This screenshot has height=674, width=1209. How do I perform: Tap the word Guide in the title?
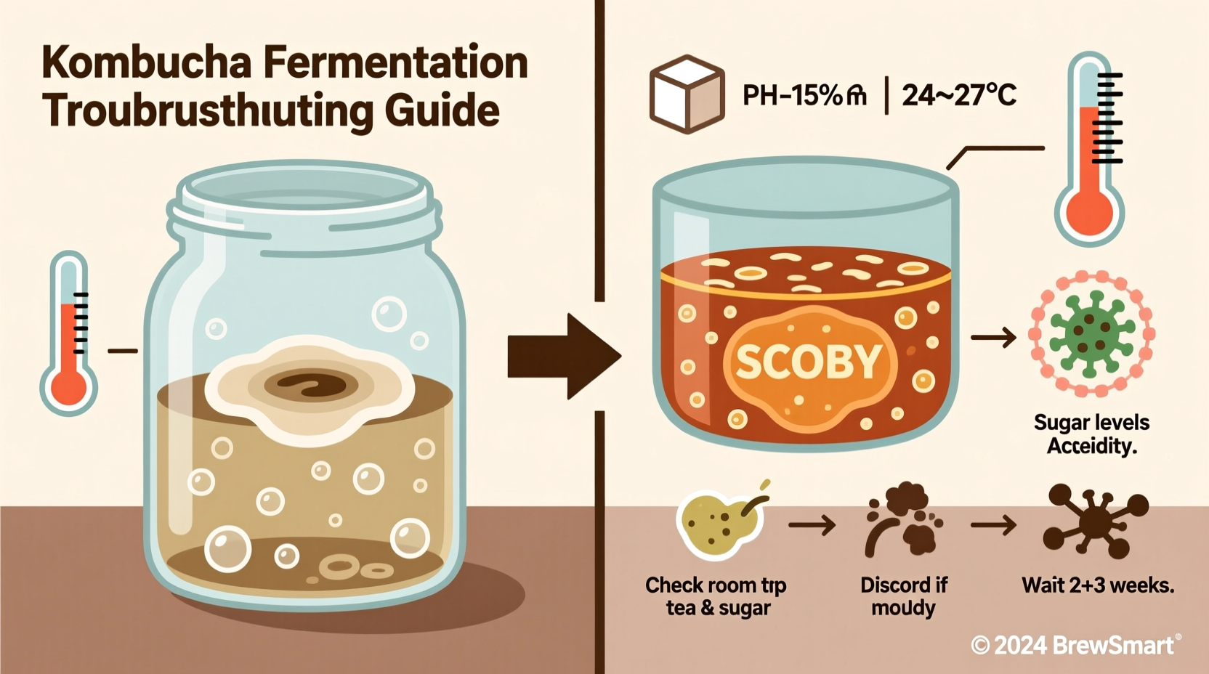tap(442, 111)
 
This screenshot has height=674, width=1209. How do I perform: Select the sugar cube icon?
tap(687, 94)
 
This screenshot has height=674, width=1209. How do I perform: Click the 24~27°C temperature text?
tap(958, 95)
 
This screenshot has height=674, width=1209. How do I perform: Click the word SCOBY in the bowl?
tap(808, 362)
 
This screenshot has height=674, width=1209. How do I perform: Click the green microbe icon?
tap(1091, 334)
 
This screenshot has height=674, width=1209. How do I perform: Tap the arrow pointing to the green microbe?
tap(993, 338)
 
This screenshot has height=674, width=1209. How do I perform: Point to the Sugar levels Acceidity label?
tap(1091, 434)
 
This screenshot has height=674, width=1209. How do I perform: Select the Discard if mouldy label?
tap(903, 596)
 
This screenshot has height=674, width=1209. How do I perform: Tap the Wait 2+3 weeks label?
tap(1097, 585)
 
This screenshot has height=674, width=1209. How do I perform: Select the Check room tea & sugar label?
tap(716, 596)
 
